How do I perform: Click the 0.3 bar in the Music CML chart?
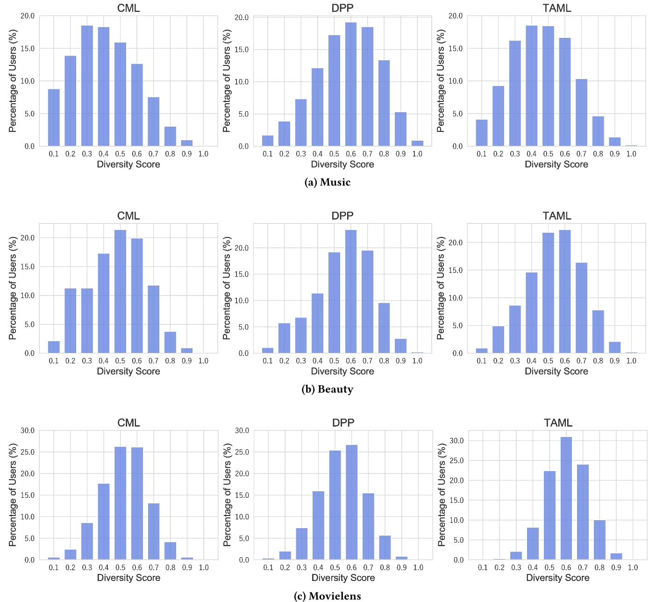point(87,86)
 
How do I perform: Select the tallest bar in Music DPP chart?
point(350,84)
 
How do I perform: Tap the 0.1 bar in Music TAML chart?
point(481,133)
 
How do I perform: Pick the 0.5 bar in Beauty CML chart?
point(120,292)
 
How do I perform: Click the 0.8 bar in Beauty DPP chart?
point(384,328)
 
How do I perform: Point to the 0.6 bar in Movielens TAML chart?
point(566,498)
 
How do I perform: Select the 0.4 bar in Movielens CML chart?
point(104,522)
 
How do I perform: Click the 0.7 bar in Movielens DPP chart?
point(368,526)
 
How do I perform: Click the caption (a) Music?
point(327,182)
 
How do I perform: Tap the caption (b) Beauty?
point(327,389)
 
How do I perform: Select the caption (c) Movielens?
point(327,596)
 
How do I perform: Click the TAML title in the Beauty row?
point(556,216)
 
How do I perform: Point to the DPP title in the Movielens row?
point(343,423)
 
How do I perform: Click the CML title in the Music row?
point(128,8)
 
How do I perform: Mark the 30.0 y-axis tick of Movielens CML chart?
point(28,430)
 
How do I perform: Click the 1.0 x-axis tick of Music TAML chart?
point(631,154)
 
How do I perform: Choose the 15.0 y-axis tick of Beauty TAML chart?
point(455,270)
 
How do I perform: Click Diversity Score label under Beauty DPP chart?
point(342,372)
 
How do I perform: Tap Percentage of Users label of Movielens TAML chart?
point(441,494)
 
